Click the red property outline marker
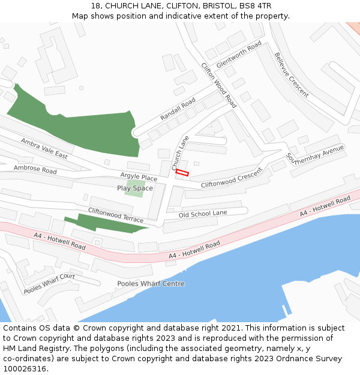[x=182, y=173]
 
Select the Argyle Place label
[x=139, y=178]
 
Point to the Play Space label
[x=135, y=188]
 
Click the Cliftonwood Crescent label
[x=232, y=178]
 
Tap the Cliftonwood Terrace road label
[x=116, y=214]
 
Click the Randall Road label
[x=178, y=109]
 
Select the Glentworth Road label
[x=239, y=55]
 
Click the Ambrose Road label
[x=35, y=170]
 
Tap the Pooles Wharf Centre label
[x=151, y=284]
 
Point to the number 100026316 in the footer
[x=23, y=369]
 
